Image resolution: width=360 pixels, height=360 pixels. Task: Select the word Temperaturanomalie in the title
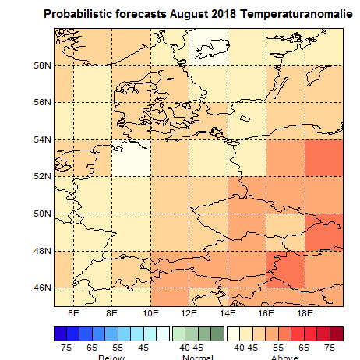tap(298, 15)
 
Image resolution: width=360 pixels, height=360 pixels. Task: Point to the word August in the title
tap(172, 15)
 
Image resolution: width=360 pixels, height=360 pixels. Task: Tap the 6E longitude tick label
tap(74, 312)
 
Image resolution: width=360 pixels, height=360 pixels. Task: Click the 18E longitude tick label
tap(305, 312)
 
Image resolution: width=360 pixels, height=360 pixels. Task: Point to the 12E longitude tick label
tap(189, 312)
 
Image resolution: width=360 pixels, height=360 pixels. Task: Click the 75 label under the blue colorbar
tap(67, 346)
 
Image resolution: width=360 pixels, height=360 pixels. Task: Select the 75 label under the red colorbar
tap(330, 346)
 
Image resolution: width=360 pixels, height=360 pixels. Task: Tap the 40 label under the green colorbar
tap(185, 346)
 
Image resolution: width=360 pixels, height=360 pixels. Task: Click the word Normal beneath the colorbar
tap(198, 357)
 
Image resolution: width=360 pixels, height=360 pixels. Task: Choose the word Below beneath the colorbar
tap(111, 357)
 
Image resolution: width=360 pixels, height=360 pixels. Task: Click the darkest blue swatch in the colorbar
tap(61, 333)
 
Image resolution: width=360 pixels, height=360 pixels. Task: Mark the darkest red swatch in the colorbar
tap(336, 333)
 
